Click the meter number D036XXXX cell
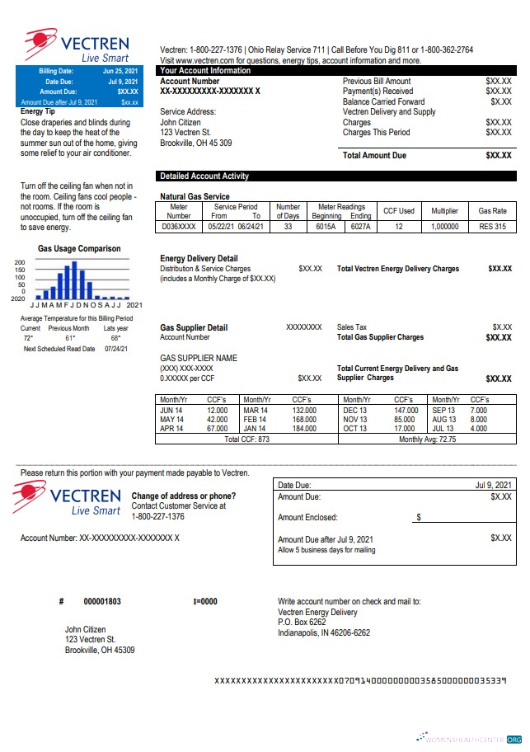coord(179,227)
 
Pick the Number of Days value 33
coord(288,227)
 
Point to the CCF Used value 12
coord(399,227)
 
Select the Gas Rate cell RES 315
coord(492,227)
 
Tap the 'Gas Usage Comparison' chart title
coord(79,249)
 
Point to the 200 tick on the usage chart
coord(20,262)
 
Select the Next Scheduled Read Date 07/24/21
coord(115,349)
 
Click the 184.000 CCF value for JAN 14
coord(304,429)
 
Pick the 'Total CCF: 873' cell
coord(247,439)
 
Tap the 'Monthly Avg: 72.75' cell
coord(427,439)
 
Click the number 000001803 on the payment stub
coord(102,602)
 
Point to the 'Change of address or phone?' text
coord(184,496)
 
